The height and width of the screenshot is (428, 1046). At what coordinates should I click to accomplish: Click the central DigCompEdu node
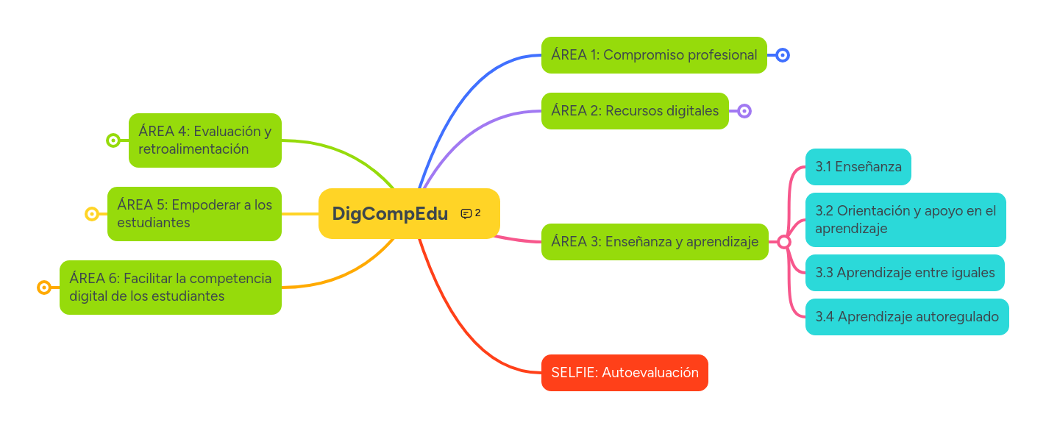click(390, 213)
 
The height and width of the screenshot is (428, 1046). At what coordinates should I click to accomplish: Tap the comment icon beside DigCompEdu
click(466, 213)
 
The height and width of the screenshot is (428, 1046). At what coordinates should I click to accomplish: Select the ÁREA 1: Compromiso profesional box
click(654, 55)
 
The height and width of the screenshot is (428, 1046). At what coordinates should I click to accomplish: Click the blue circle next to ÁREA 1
click(783, 55)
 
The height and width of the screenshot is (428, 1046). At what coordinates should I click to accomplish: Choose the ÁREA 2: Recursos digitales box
click(635, 111)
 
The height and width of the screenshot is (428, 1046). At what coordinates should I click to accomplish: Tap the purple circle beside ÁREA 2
click(744, 111)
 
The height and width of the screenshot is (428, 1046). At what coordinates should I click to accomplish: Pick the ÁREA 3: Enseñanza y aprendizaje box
click(655, 242)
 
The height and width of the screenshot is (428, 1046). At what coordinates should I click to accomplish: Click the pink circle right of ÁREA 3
click(784, 242)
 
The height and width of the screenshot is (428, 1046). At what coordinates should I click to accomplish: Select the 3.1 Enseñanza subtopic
click(858, 167)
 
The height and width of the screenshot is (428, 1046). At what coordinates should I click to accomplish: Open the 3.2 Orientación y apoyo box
click(906, 219)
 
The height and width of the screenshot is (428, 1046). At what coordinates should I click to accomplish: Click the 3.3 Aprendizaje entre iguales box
click(905, 273)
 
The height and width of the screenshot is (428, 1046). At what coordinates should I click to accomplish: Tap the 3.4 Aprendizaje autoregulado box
click(907, 317)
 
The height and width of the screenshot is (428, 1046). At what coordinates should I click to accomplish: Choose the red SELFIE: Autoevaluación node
click(625, 373)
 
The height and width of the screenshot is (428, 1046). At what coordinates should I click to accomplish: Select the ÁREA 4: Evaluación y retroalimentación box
click(205, 140)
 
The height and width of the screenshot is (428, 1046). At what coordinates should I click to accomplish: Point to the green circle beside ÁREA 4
click(113, 140)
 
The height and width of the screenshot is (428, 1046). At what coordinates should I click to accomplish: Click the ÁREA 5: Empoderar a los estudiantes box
click(194, 214)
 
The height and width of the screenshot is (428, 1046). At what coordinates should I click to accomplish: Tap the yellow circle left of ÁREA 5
click(92, 214)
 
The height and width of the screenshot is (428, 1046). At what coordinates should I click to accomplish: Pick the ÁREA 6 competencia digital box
click(171, 288)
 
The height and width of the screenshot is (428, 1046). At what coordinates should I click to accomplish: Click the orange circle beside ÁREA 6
click(44, 288)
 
